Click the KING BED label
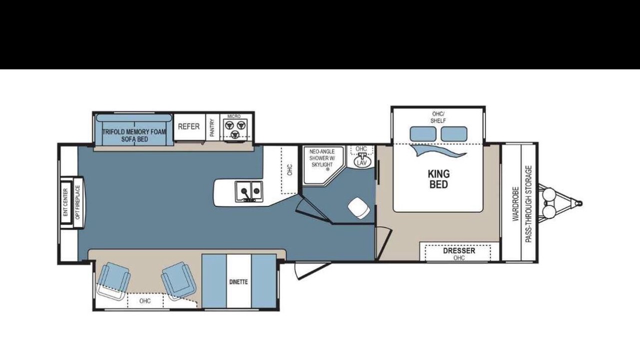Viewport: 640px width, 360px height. click(438, 179)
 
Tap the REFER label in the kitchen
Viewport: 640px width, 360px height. click(189, 126)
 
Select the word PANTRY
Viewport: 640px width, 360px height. click(212, 127)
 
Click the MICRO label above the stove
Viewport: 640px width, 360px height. click(234, 116)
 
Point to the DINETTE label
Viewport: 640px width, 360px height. click(238, 282)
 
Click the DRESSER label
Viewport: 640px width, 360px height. click(459, 251)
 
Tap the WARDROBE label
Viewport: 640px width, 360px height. click(515, 203)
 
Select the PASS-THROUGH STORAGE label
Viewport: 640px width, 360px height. click(528, 204)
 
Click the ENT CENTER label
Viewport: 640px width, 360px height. click(65, 202)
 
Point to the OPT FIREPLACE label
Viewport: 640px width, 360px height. click(78, 203)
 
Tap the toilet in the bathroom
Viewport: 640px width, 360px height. click(359, 208)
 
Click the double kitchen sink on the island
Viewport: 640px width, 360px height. click(249, 191)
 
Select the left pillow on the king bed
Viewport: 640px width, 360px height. click(423, 133)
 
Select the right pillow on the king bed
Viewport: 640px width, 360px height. click(454, 133)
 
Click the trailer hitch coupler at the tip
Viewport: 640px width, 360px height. click(579, 203)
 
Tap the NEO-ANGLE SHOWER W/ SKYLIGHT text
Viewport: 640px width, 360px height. click(322, 158)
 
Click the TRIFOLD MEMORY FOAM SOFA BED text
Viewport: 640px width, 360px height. click(134, 135)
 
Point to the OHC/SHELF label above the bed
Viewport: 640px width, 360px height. click(438, 117)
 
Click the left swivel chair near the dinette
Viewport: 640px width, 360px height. click(112, 281)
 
